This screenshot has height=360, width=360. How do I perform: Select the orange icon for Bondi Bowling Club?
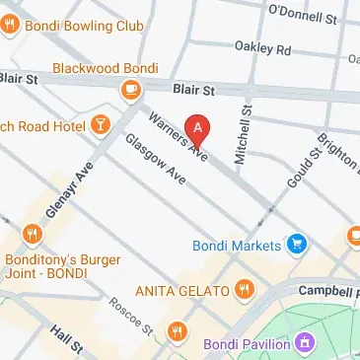10,25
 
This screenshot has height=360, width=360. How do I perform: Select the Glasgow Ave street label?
155,159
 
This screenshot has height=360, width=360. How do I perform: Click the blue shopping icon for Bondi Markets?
294,242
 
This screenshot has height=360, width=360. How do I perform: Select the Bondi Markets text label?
243,242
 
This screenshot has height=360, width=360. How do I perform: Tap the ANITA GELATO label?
182,291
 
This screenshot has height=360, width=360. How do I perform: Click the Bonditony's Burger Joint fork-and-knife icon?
33,234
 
